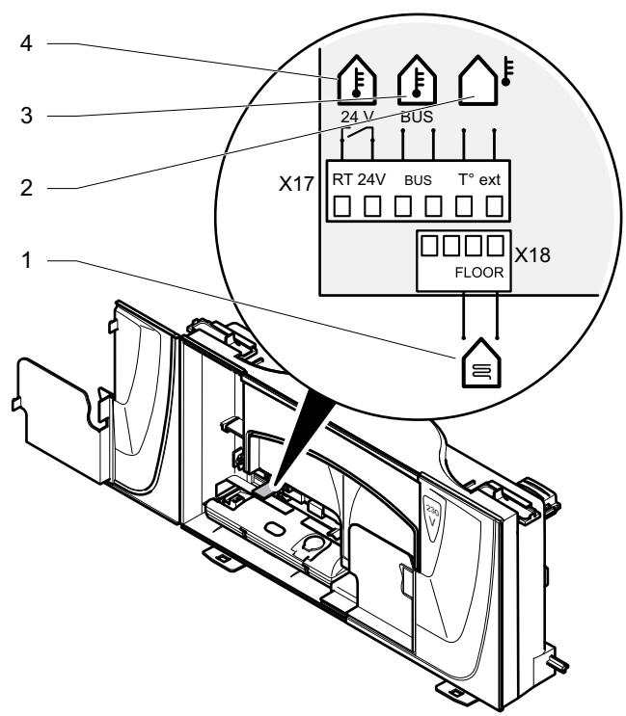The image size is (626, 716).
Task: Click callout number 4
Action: point(26,43)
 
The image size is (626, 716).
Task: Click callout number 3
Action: point(26,116)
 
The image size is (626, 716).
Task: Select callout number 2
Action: point(26,188)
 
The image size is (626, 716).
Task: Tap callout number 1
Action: point(26,260)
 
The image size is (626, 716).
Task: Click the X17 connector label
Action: point(296,184)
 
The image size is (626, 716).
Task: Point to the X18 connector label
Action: point(532,255)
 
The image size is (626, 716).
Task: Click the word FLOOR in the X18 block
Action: point(478,273)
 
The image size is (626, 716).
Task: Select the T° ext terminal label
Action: point(479,180)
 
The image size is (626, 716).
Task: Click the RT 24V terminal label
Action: point(359,180)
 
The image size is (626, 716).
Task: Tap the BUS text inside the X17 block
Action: point(418,180)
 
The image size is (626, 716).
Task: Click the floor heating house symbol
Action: point(481,363)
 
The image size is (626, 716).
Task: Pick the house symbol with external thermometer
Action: point(486,80)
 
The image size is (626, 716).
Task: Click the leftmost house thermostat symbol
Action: point(357,80)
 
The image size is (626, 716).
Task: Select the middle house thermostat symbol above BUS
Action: point(417,80)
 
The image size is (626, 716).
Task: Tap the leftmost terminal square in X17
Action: point(341,206)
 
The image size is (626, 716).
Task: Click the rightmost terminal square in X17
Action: point(494,206)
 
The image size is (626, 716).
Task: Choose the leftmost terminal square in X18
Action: point(429,246)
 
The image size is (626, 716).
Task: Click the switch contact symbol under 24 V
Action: point(357,136)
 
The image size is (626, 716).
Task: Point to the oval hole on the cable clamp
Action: point(274,529)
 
